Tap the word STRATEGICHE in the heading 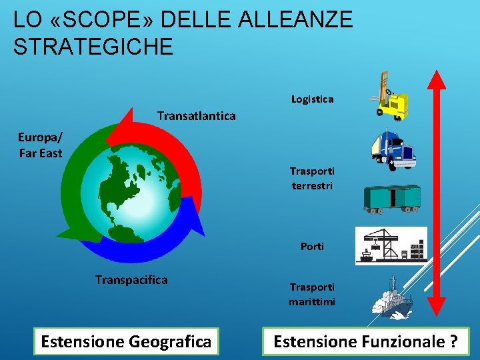tap(93, 47)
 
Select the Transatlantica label tap(196, 116)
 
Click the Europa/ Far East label tap(41, 145)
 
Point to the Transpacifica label tap(131, 279)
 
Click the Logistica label tap(313, 99)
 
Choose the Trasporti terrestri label tap(312, 178)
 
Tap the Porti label tap(312, 246)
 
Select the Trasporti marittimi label tap(312, 294)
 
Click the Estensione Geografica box tap(126, 341)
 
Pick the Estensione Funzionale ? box tap(366, 341)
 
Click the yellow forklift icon tap(390, 97)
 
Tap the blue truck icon tap(394, 150)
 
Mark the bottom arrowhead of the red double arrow tap(437, 303)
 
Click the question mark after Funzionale tap(453, 341)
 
